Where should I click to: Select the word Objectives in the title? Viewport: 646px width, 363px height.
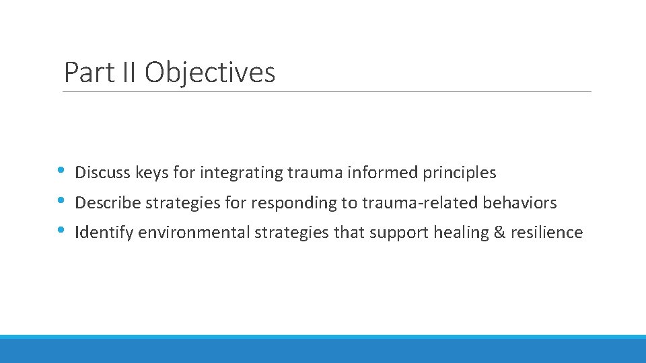pyautogui.click(x=210, y=73)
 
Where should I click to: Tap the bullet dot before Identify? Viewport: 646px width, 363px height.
pyautogui.click(x=61, y=230)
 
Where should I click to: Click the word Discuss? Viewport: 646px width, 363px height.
pyautogui.click(x=103, y=173)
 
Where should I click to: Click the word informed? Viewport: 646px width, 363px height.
pyautogui.click(x=384, y=173)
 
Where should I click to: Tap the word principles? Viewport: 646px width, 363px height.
pyautogui.click(x=460, y=173)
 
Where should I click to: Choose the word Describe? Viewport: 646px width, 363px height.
pyautogui.click(x=108, y=202)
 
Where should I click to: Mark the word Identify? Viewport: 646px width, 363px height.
pyautogui.click(x=104, y=233)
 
